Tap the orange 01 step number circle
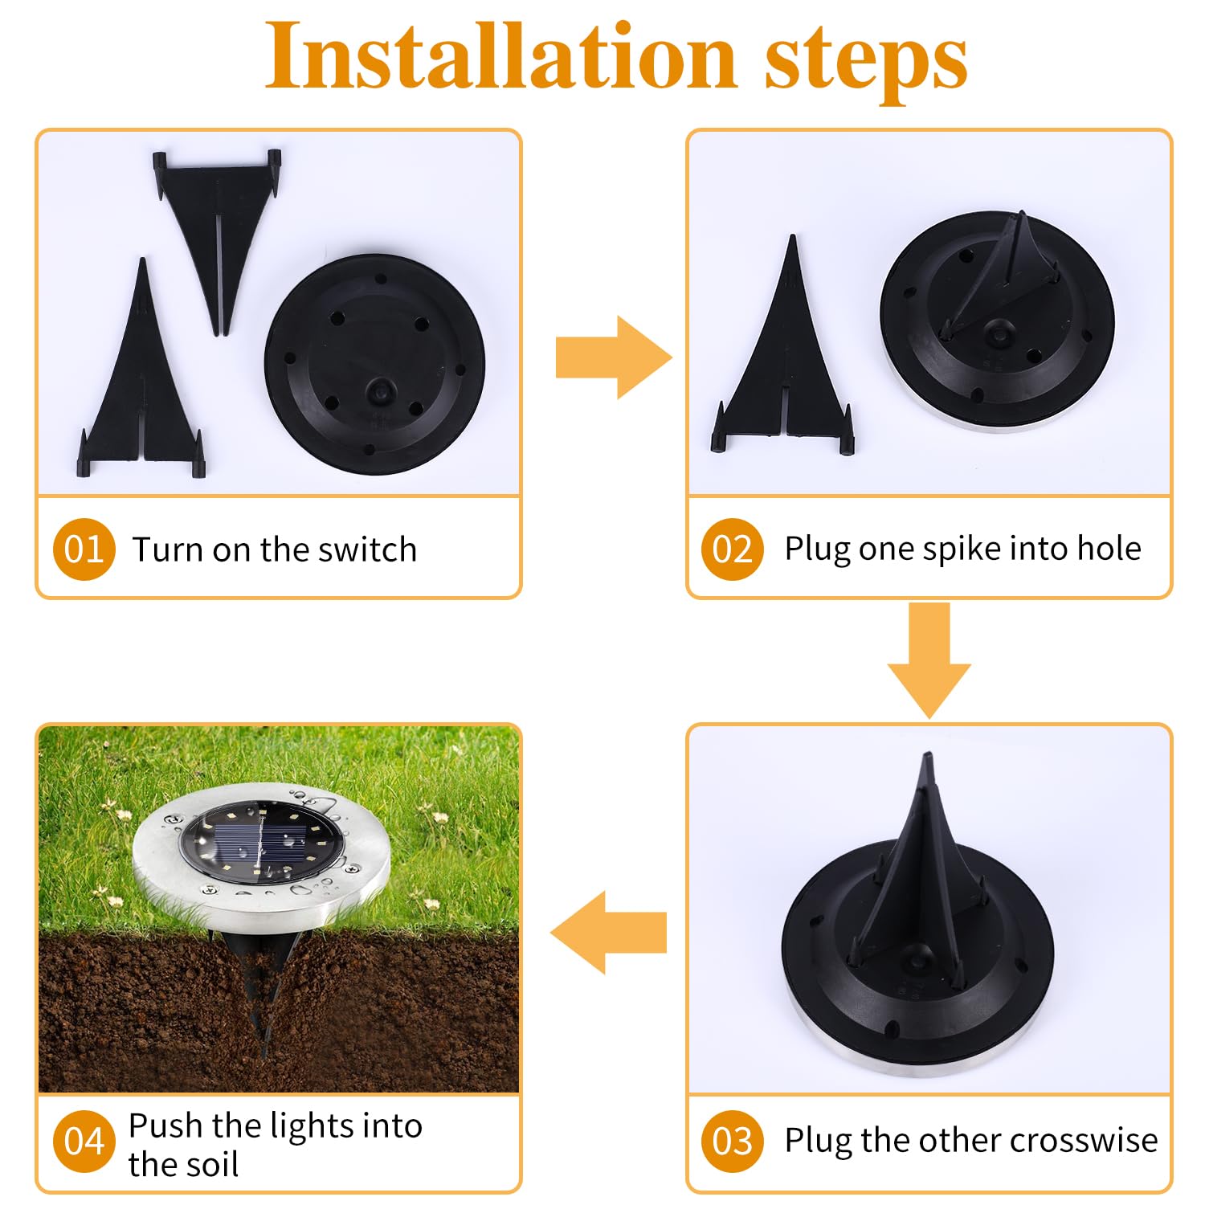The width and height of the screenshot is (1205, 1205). (x=84, y=549)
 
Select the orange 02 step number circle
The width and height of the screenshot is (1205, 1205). (x=732, y=549)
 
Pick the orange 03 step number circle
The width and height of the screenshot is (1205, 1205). (x=732, y=1141)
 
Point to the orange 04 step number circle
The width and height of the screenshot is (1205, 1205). (x=84, y=1141)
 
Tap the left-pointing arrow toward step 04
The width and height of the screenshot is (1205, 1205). (x=608, y=932)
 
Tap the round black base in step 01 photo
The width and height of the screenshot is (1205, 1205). (x=374, y=366)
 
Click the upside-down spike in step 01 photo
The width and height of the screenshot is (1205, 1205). (x=217, y=225)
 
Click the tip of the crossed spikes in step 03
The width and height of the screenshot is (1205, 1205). (x=928, y=759)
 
